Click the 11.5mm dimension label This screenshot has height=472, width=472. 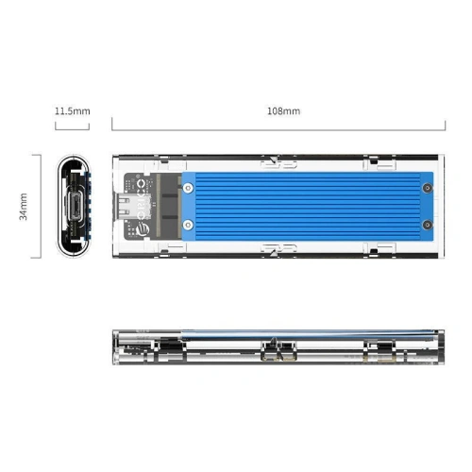pos(72,111)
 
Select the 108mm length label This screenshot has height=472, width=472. pos(283,111)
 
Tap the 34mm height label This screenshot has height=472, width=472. pos(24,205)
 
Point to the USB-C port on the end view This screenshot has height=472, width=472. pos(73,205)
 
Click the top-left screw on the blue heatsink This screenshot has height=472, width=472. pos(189,187)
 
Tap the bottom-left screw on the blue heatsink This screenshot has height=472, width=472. pos(189,225)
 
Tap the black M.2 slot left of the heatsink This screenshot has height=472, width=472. pos(170,206)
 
